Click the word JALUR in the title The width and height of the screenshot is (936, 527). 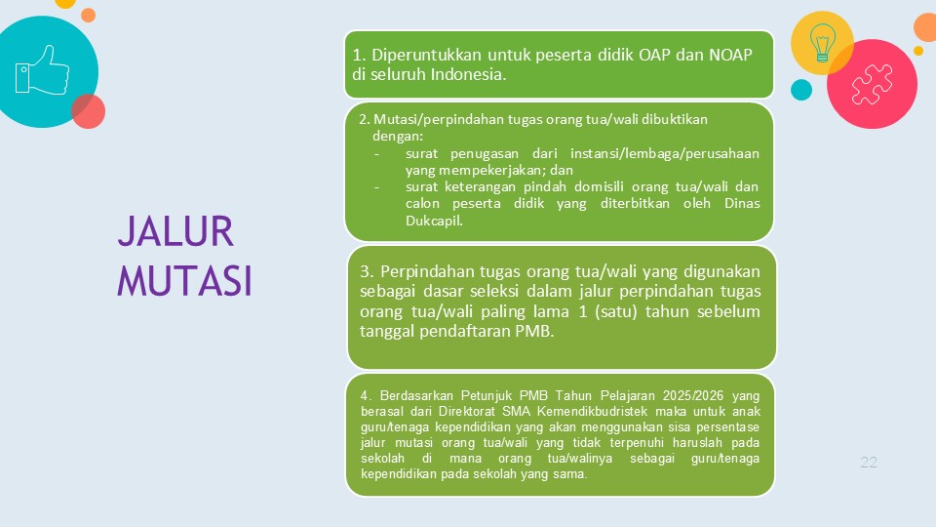(x=175, y=231)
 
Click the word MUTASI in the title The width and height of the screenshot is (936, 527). (x=184, y=280)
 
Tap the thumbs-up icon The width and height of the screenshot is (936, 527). (x=42, y=70)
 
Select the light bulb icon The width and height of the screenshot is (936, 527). (x=822, y=42)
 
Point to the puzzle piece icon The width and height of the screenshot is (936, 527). (x=872, y=84)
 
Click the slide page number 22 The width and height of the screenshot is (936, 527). (x=869, y=462)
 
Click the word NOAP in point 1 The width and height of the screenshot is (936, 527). (x=730, y=55)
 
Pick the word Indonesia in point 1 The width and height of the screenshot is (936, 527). (x=468, y=74)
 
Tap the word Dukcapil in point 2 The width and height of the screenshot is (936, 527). (x=434, y=221)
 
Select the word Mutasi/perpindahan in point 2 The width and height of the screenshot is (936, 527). (x=439, y=119)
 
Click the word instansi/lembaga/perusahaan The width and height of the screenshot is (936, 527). (x=664, y=153)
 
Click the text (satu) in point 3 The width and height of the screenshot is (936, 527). (x=616, y=311)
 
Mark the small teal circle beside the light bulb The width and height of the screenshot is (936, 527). (x=801, y=90)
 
